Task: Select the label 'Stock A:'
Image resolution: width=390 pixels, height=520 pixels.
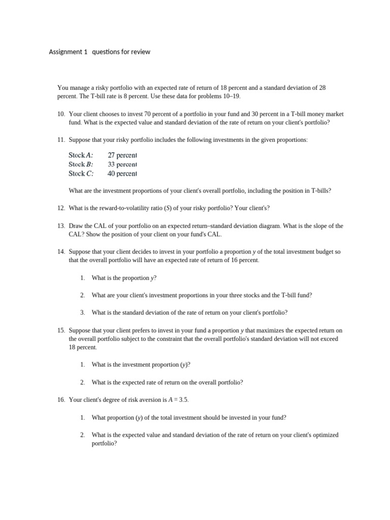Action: (x=81, y=155)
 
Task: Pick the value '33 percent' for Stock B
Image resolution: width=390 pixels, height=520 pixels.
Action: (x=122, y=165)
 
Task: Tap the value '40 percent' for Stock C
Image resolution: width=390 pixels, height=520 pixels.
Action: (x=122, y=174)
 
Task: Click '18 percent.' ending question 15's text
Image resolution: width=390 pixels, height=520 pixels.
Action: (x=83, y=348)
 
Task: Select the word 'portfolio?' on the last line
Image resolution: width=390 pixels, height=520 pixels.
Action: (x=104, y=443)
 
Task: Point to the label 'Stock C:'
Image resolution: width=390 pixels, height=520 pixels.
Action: (x=81, y=174)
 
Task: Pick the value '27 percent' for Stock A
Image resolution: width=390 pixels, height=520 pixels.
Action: (x=122, y=155)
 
